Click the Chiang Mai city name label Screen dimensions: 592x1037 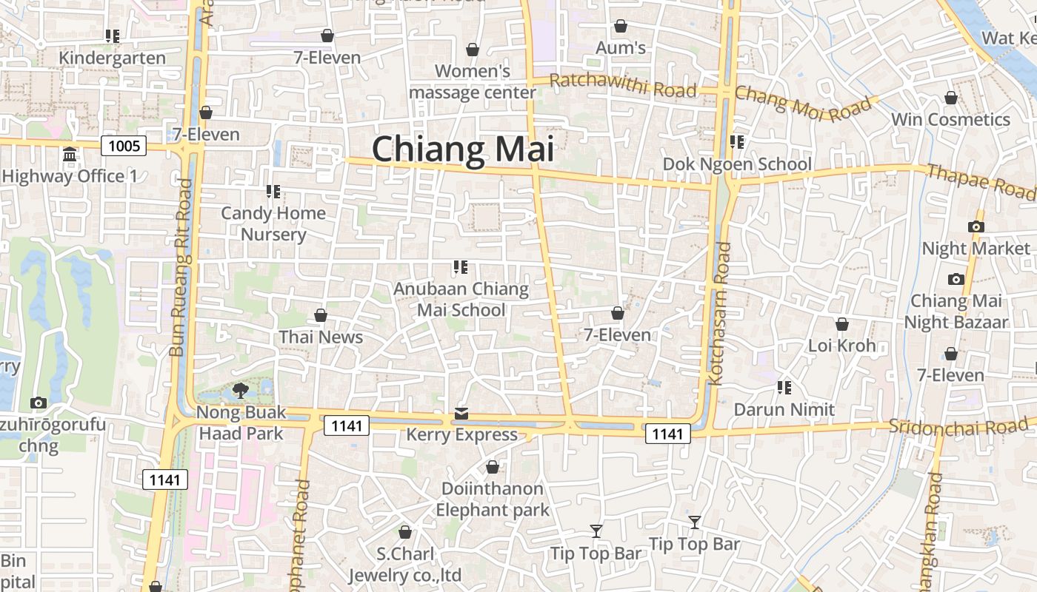463,149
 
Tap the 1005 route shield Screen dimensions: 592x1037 124,146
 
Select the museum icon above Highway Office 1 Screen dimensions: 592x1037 70,155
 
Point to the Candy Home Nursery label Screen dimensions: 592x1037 273,223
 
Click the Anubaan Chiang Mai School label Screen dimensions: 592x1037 461,299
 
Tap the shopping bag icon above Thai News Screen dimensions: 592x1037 321,316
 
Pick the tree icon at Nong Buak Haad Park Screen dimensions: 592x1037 240,390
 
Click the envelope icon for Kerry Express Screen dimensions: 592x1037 461,414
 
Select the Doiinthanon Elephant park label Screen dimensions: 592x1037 493,499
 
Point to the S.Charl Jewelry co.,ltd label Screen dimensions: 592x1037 405,565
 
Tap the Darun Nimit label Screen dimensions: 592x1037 784,409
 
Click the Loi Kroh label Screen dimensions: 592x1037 841,346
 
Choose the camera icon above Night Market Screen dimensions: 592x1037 976,227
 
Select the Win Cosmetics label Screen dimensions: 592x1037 950,119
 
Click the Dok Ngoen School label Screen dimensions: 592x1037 737,164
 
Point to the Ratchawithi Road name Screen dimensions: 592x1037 623,86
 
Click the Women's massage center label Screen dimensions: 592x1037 473,81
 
